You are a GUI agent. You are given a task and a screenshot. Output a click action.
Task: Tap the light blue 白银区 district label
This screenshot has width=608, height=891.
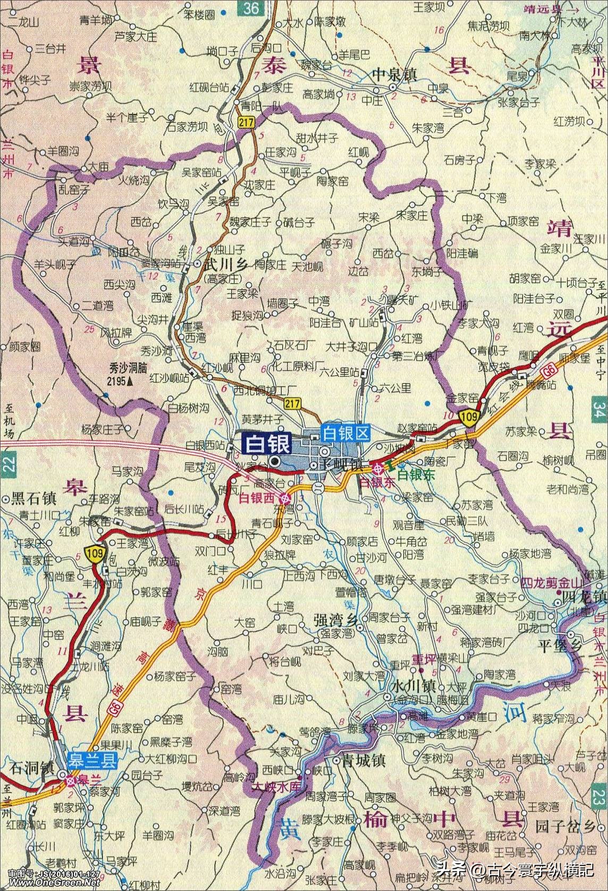click(x=345, y=434)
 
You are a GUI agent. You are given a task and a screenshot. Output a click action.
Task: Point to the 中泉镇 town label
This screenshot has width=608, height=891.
click(x=395, y=74)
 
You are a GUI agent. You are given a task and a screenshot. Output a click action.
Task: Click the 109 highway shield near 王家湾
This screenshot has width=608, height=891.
click(x=91, y=554)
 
